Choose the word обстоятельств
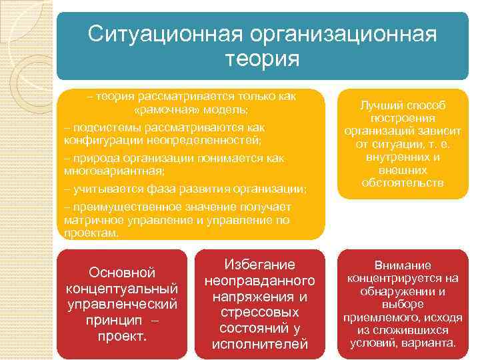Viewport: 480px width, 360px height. tap(402, 182)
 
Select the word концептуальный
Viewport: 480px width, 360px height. tap(122, 289)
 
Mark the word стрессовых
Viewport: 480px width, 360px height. tap(259, 312)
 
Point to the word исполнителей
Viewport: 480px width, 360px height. tap(259, 344)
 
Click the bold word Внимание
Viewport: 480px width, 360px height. tap(402, 265)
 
